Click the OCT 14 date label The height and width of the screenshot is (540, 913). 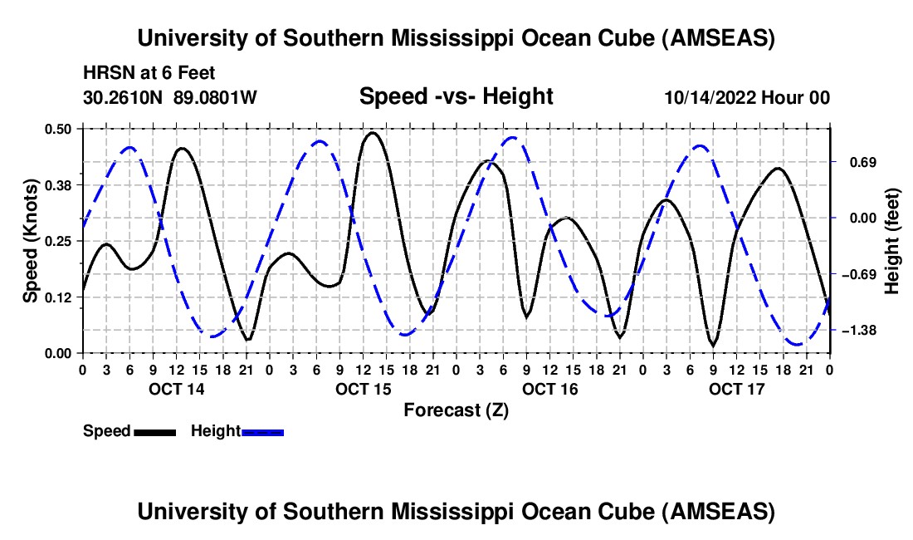[176, 389]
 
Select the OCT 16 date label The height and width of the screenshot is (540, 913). [549, 389]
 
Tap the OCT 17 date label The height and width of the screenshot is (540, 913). [737, 389]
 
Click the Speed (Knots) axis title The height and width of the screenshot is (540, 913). [31, 240]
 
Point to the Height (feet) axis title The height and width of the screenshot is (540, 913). [892, 240]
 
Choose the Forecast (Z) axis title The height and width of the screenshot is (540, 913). [456, 410]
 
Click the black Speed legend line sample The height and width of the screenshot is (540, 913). [154, 432]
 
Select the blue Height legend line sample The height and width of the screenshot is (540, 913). [263, 432]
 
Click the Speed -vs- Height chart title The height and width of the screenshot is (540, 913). [456, 96]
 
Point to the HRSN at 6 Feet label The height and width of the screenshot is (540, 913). [149, 73]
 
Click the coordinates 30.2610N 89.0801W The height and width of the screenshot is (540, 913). [170, 97]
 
